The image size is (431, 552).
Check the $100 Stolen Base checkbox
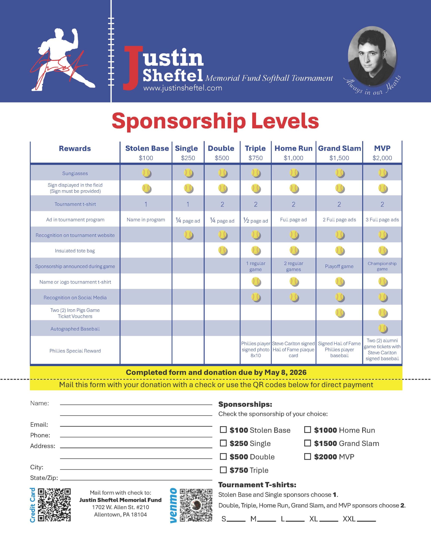223,430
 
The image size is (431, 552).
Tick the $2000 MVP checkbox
307,456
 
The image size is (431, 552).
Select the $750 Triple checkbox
223,470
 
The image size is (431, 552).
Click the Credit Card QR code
54,505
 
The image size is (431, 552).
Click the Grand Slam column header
339,148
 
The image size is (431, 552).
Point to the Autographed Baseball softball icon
382,329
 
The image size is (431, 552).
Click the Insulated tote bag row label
75,251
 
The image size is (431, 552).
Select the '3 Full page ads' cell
382,220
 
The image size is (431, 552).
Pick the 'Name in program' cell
146,220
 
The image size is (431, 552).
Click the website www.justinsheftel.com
183,88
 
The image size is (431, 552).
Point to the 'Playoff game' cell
339,266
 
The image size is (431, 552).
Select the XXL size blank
366,519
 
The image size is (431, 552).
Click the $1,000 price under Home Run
293,158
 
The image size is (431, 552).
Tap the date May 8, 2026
285,372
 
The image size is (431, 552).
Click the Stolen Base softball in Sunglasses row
147,173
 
